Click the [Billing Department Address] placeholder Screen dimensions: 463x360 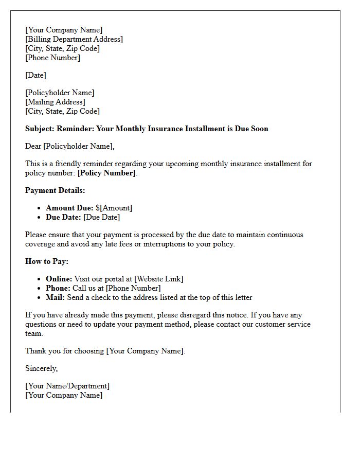click(74, 39)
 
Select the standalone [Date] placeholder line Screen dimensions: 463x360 click(35, 75)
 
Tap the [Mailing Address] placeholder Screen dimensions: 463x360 click(55, 102)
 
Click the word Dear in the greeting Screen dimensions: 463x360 click(33, 146)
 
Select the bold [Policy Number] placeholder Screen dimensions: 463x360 click(106, 173)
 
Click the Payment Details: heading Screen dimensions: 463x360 click(55, 190)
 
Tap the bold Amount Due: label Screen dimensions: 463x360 click(69, 208)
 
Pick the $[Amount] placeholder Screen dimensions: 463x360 click(114, 208)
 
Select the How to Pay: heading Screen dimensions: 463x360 click(47, 261)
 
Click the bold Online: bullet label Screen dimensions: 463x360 click(59, 279)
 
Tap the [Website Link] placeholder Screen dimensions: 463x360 click(158, 279)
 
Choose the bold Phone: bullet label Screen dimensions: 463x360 click(58, 288)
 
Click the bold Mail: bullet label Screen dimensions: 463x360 click(55, 297)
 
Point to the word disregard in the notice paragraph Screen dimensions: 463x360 click(199, 315)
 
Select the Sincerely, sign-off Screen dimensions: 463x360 click(41, 368)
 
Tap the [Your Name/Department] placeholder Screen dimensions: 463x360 click(67, 386)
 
